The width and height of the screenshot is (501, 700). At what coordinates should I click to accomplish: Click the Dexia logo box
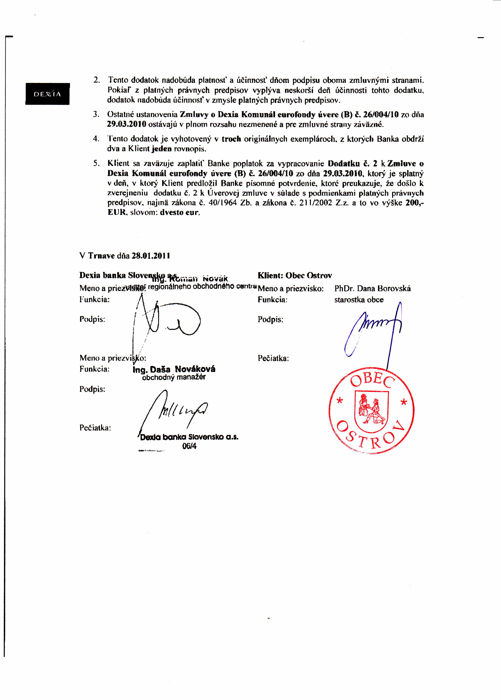click(47, 94)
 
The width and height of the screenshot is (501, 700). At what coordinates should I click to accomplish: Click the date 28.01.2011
click(151, 256)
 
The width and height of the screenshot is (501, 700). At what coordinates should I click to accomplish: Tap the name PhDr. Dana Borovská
click(372, 289)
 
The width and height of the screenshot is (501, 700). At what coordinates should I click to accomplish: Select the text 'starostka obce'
click(359, 300)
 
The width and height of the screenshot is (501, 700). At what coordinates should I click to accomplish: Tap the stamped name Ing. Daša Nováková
click(174, 369)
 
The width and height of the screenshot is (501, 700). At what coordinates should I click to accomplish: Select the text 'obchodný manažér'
click(174, 377)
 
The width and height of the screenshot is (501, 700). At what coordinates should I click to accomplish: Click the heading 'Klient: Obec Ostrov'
click(295, 275)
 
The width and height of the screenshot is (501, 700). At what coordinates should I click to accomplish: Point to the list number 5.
click(97, 163)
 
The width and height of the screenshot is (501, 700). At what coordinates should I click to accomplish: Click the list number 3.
click(96, 114)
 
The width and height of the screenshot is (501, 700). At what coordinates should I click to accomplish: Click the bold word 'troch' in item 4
click(231, 139)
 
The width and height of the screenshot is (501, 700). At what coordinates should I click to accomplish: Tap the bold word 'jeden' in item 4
click(162, 149)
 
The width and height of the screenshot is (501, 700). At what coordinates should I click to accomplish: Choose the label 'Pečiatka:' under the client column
click(273, 358)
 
